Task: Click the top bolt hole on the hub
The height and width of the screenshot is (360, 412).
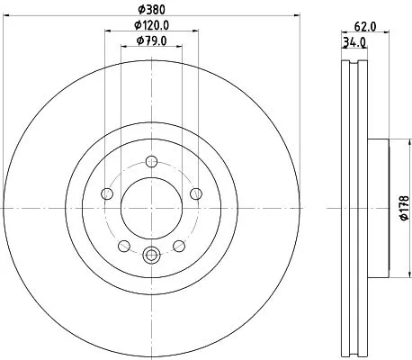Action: click(151, 162)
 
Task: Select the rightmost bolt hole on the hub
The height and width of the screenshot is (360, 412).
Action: click(195, 192)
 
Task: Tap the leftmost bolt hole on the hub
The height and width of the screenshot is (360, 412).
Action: click(108, 193)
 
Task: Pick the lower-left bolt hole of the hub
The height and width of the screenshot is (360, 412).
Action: click(124, 245)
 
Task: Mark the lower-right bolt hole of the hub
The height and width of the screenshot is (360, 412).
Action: click(178, 245)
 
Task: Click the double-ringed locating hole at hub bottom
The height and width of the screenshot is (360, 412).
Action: click(151, 255)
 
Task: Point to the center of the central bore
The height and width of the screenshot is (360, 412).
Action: click(151, 208)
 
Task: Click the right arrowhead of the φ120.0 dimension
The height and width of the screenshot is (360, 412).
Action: click(195, 32)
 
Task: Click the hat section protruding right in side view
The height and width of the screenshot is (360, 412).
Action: click(377, 208)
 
